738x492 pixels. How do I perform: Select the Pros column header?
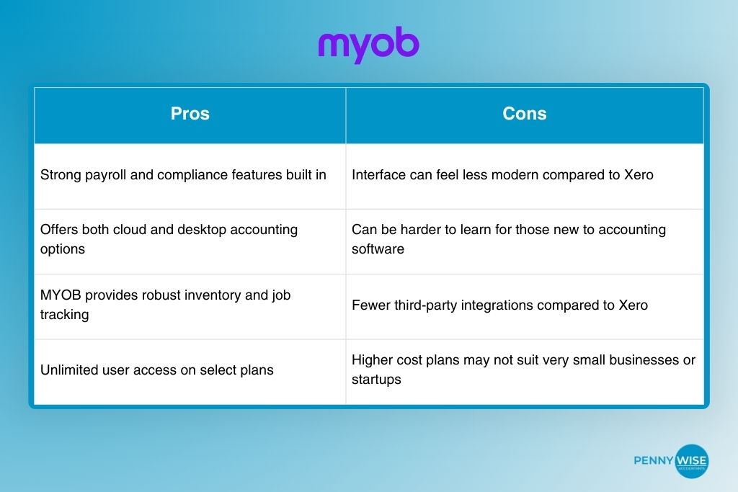(190, 114)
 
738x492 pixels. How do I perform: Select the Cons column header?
(525, 114)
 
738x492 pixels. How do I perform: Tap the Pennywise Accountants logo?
(671, 460)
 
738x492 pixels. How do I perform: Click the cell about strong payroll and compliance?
(190, 175)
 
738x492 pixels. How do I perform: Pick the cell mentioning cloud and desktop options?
(190, 239)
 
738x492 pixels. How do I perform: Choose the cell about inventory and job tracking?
(190, 305)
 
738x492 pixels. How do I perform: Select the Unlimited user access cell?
(190, 370)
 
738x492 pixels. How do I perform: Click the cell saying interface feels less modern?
(525, 175)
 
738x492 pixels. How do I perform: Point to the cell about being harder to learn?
(525, 239)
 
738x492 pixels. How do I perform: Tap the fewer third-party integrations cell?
(525, 305)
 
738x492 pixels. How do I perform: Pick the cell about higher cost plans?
(525, 370)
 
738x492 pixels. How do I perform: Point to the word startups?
(376, 380)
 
